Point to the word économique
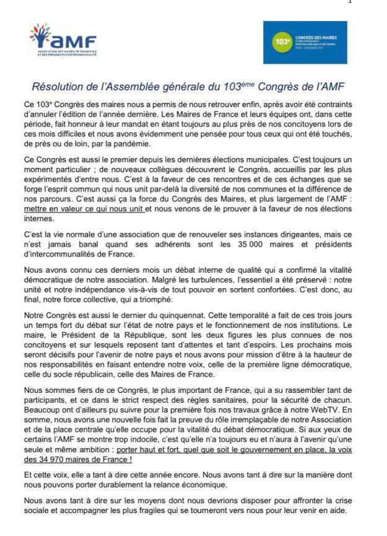coord(205,485)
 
